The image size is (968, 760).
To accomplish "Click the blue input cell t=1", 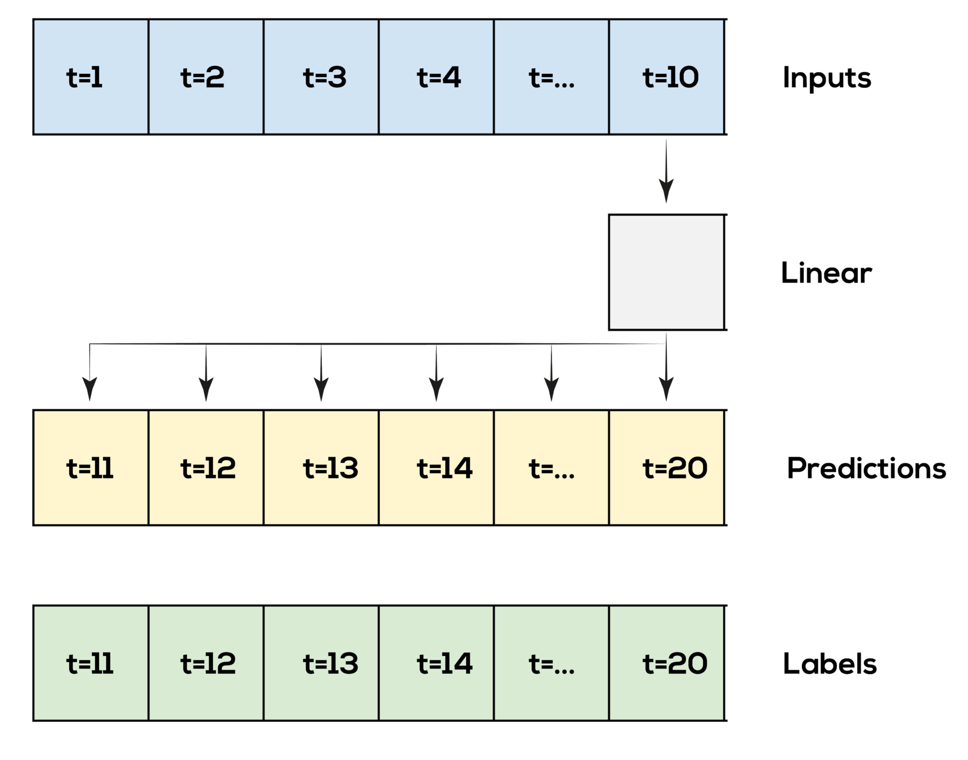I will click(x=91, y=77).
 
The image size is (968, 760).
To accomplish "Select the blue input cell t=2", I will click(x=206, y=77).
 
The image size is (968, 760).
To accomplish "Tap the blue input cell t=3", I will click(x=321, y=77).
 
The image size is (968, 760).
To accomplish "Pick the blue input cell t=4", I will click(x=436, y=77).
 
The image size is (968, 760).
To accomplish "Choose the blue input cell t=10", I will click(x=666, y=77).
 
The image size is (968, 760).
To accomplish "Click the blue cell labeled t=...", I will click(x=551, y=77).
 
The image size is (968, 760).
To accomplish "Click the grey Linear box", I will click(x=666, y=272).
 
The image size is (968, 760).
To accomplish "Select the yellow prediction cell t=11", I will click(x=91, y=467).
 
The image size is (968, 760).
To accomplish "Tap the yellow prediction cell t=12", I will click(x=206, y=467).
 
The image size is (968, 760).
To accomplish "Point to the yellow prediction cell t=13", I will click(x=321, y=467).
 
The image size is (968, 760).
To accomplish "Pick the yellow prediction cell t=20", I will click(x=666, y=467).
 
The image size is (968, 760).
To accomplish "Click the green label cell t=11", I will click(x=91, y=663).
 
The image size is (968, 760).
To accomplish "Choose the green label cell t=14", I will click(x=436, y=663).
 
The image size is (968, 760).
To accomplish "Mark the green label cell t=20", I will click(x=666, y=663).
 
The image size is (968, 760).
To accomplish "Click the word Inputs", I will click(x=829, y=78).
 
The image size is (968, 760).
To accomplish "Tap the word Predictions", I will click(x=868, y=468).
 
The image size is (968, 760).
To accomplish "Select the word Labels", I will click(x=832, y=664).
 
